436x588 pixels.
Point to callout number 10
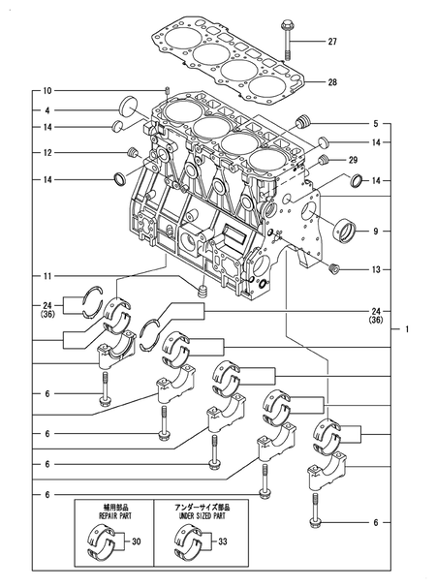pyautogui.click(x=47, y=90)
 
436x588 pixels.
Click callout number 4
pyautogui.click(x=47, y=110)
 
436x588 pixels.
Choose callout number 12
pyautogui.click(x=47, y=152)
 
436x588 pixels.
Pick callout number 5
pyautogui.click(x=374, y=124)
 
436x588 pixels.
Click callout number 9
pyautogui.click(x=374, y=232)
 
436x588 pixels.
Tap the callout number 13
pyautogui.click(x=374, y=268)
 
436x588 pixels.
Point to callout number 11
pyautogui.click(x=47, y=278)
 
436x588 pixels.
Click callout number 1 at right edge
pyautogui.click(x=408, y=330)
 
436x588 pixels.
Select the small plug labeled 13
pyautogui.click(x=335, y=267)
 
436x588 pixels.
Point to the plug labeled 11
pyautogui.click(x=202, y=291)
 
